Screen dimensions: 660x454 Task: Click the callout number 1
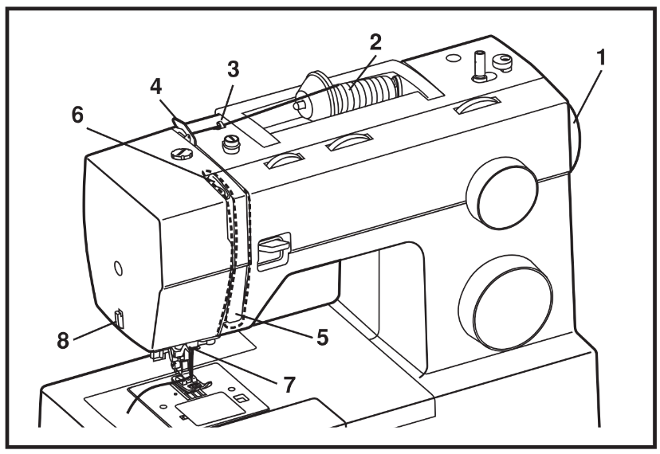coord(602,57)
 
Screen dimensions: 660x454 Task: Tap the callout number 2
coord(375,42)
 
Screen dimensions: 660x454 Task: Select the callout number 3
coord(233,69)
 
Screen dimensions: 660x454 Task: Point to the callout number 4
coord(155,87)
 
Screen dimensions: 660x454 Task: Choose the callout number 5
coord(322,337)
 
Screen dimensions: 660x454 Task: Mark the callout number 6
coord(77,115)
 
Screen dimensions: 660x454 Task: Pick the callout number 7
coord(289,384)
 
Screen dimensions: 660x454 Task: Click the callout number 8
coord(63,340)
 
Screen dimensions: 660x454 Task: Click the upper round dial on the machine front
coord(501,193)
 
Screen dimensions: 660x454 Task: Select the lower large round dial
coord(505,303)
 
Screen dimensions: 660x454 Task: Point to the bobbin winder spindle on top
coord(478,66)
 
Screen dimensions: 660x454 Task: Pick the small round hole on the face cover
coord(118,268)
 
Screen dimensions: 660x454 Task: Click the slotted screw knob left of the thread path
coord(182,153)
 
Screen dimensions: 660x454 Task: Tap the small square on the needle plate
coord(241,398)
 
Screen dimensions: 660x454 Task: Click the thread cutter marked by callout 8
coord(118,318)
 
